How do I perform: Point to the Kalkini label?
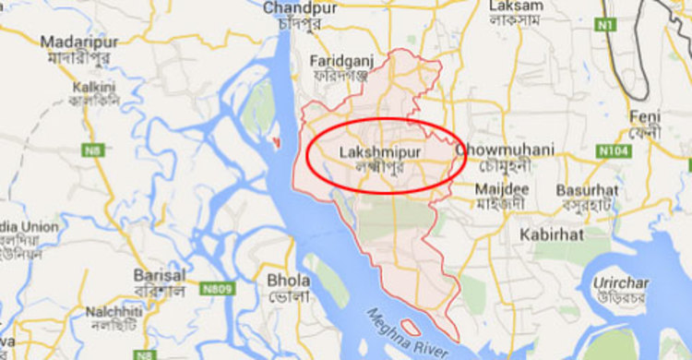tap(95, 84)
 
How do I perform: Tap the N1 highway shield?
tap(605, 25)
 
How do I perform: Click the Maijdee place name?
tap(500, 188)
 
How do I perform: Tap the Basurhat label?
tap(587, 190)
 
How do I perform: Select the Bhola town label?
tap(288, 280)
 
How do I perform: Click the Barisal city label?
tap(160, 275)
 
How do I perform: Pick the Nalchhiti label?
tap(115, 312)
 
